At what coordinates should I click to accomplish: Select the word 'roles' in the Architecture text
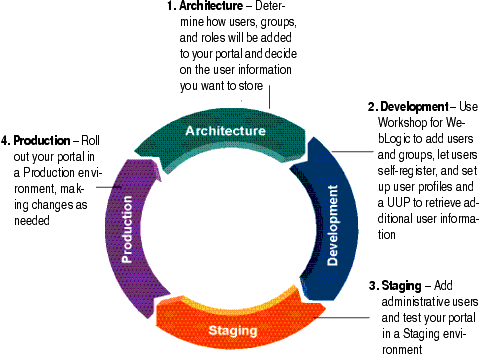point(207,39)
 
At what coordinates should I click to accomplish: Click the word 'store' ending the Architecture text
point(249,86)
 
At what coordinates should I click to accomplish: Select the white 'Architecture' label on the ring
point(226,131)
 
